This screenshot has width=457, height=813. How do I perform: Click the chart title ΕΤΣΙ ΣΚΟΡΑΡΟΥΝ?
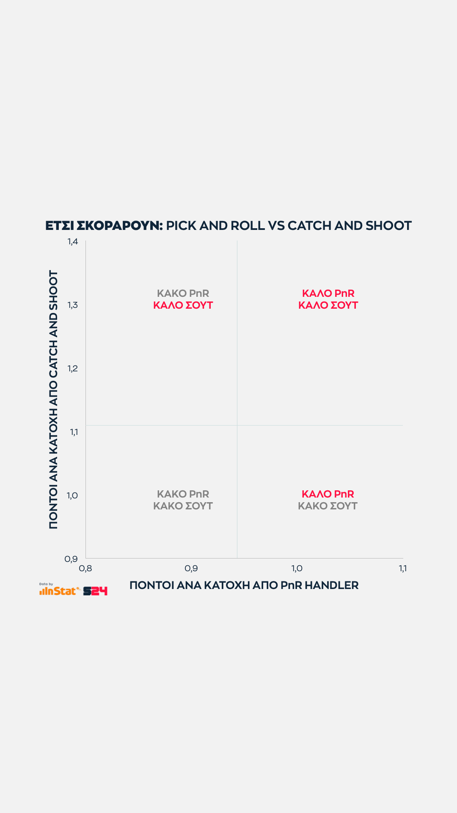click(x=104, y=226)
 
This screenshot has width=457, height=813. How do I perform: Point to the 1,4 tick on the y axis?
click(x=73, y=241)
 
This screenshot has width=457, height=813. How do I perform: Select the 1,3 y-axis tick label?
click(x=73, y=305)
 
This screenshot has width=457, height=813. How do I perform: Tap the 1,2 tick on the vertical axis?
click(x=73, y=368)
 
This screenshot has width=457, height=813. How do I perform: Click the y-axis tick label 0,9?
click(x=71, y=559)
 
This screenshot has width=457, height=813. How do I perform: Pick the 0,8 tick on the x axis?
click(x=85, y=568)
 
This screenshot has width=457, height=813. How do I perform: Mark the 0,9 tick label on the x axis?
click(x=191, y=568)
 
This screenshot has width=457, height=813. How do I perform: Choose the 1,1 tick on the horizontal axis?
click(x=402, y=568)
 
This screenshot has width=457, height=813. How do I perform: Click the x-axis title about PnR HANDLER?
click(x=244, y=585)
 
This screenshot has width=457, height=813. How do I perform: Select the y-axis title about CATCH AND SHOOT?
click(x=53, y=399)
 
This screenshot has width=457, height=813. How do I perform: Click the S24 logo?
click(x=95, y=591)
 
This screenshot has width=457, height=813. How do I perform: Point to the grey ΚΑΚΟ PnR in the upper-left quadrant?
click(x=183, y=293)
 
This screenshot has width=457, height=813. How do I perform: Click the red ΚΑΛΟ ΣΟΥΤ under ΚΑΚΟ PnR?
click(x=183, y=305)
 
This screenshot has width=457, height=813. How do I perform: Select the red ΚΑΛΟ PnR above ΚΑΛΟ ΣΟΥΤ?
click(x=328, y=293)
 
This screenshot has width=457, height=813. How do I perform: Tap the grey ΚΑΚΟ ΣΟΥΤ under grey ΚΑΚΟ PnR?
click(x=183, y=506)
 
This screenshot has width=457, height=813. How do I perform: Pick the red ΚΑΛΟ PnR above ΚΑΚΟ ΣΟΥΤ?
click(x=328, y=494)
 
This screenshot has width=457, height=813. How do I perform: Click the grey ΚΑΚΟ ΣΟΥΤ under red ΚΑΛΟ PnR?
click(x=328, y=506)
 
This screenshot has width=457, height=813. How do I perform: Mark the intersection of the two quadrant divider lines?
click(x=237, y=425)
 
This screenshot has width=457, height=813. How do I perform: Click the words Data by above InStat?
click(x=46, y=584)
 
